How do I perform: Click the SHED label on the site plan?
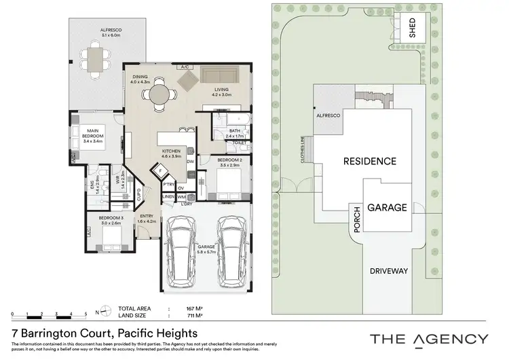pyautogui.click(x=411, y=28)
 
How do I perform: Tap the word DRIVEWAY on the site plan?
pyautogui.click(x=389, y=271)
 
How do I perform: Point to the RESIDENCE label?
pyautogui.click(x=369, y=161)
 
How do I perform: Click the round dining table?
pyautogui.click(x=161, y=92)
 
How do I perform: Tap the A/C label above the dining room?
pyautogui.click(x=184, y=67)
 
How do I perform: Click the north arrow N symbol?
pyautogui.click(x=98, y=312)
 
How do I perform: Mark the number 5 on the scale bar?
pyautogui.click(x=86, y=314)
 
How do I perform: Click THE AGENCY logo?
pyautogui.click(x=428, y=338)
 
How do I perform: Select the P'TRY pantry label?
pyautogui.click(x=168, y=183)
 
